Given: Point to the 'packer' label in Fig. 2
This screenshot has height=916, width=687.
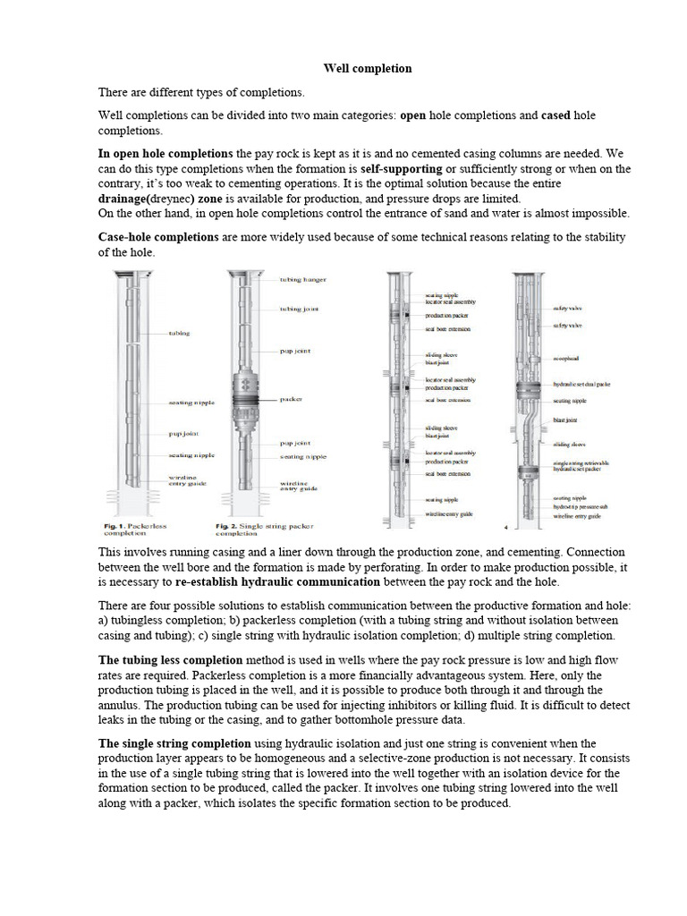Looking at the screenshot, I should pyautogui.click(x=292, y=398).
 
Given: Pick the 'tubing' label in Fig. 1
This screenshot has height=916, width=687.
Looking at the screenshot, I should pyautogui.click(x=179, y=334).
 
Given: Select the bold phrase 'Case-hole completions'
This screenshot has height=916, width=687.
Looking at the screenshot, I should pyautogui.click(x=157, y=237).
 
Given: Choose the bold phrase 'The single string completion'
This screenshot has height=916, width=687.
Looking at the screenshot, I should pyautogui.click(x=174, y=743).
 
